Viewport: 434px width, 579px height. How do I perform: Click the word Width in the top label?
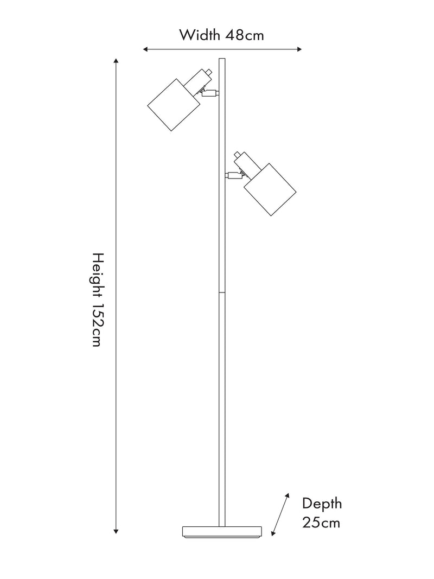(x=200, y=35)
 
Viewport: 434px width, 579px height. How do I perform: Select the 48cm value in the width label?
(x=245, y=35)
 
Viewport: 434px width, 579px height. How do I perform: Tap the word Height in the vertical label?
(x=98, y=275)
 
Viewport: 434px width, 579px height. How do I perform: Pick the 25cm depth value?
(x=321, y=523)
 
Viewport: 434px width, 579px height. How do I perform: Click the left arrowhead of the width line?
(x=145, y=49)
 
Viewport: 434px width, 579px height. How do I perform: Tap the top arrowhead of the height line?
(x=116, y=61)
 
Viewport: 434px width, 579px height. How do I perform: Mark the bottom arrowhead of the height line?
(x=116, y=531)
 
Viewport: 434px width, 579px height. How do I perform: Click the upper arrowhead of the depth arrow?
(x=287, y=495)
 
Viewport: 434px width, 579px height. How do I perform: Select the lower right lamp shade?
(x=270, y=189)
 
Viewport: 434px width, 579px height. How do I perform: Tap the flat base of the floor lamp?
(x=222, y=532)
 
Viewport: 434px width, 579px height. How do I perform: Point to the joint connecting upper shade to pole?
(x=210, y=93)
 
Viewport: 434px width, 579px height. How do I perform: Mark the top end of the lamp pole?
(x=222, y=59)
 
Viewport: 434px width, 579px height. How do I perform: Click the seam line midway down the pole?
(x=222, y=292)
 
